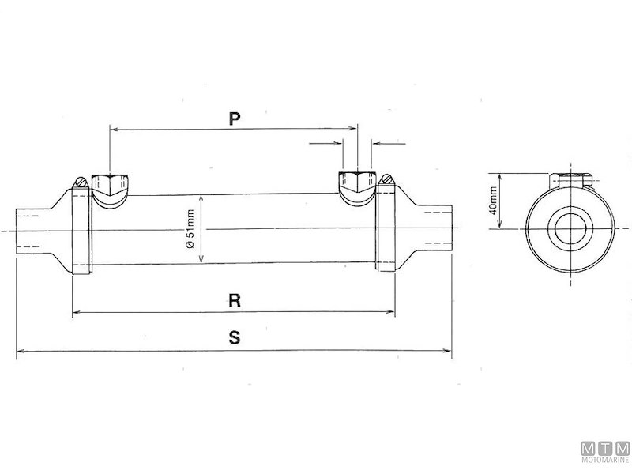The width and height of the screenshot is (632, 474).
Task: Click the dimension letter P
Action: pyautogui.click(x=234, y=118)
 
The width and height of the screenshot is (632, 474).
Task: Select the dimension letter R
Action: pyautogui.click(x=234, y=300)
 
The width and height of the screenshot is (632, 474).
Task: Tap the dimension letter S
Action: pyautogui.click(x=234, y=337)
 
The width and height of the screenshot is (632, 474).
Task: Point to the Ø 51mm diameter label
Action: pyautogui.click(x=190, y=229)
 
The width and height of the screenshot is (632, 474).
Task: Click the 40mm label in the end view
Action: pyautogui.click(x=494, y=201)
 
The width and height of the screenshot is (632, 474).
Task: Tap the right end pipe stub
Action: pyautogui.click(x=436, y=229)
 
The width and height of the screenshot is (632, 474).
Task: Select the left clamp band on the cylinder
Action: pyautogui.click(x=82, y=229)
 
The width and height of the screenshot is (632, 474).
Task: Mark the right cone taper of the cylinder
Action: pyautogui.click(x=408, y=229)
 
